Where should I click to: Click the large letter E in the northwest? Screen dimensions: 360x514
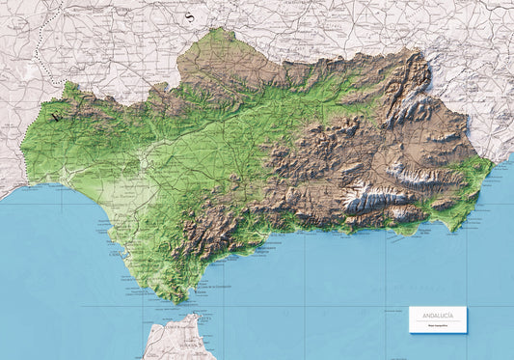[x=56, y=119]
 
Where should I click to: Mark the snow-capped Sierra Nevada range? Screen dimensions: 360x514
[x=371, y=201]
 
